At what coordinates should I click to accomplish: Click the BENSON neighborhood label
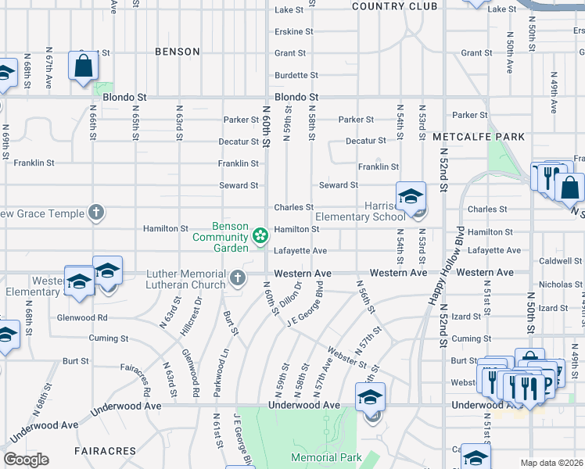(178, 52)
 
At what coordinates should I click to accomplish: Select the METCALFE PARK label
(479, 137)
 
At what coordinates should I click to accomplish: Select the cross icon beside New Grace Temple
(95, 212)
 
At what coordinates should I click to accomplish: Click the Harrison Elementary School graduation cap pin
(410, 198)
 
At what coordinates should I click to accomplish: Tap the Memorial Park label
(326, 457)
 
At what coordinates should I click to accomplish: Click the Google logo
(25, 460)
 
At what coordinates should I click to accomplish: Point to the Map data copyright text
(551, 463)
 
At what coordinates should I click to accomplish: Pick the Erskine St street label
(293, 32)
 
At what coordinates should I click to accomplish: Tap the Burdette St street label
(296, 76)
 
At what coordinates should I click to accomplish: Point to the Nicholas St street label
(556, 285)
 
